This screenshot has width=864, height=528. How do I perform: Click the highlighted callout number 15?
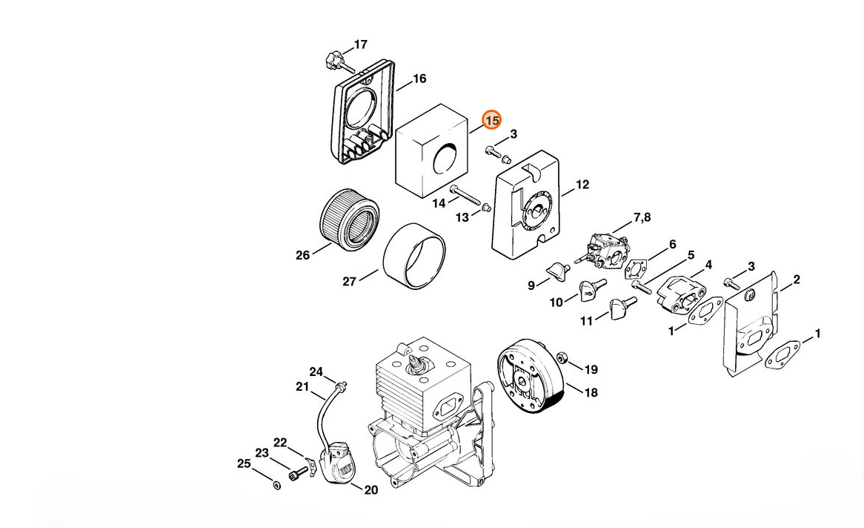click(x=492, y=119)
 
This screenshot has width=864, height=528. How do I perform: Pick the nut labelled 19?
click(x=562, y=358)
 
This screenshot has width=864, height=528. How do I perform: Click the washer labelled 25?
click(x=276, y=485)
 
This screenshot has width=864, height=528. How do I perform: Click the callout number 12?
click(x=582, y=185)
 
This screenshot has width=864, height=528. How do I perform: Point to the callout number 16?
click(x=419, y=79)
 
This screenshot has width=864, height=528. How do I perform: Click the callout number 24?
click(x=316, y=372)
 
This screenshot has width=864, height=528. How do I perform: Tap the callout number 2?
click(x=797, y=280)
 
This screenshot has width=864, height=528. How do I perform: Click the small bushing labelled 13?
click(x=486, y=208)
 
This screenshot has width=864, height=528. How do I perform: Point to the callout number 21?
click(x=302, y=386)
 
